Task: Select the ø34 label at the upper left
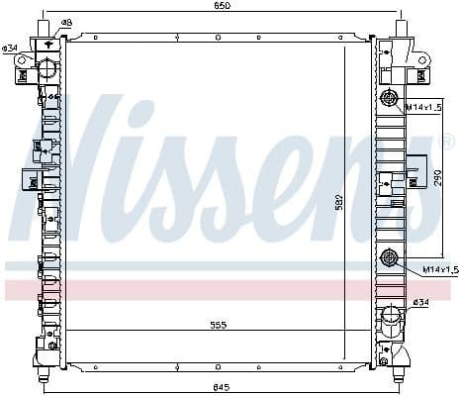click(x=10, y=49)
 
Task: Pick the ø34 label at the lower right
click(x=420, y=302)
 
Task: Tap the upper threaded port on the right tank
click(x=388, y=98)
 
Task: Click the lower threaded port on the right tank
click(x=389, y=258)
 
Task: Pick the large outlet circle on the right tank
click(x=393, y=319)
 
